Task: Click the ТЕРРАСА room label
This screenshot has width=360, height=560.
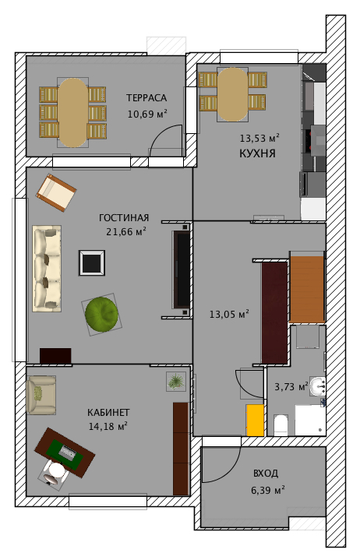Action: pyautogui.click(x=146, y=98)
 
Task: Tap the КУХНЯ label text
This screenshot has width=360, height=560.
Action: pyautogui.click(x=257, y=153)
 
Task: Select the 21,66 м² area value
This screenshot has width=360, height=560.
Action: pyautogui.click(x=126, y=232)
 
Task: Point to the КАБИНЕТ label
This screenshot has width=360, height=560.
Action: pyautogui.click(x=108, y=413)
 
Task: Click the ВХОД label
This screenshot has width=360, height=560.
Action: pyautogui.click(x=266, y=474)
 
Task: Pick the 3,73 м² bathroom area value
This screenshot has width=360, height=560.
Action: pyautogui.click(x=291, y=386)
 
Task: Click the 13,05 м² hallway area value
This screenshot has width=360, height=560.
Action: pyautogui.click(x=229, y=315)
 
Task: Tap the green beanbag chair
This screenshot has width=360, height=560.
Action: pyautogui.click(x=102, y=315)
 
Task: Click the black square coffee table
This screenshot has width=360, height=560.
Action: pyautogui.click(x=92, y=262)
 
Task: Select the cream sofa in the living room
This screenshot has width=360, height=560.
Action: pyautogui.click(x=47, y=269)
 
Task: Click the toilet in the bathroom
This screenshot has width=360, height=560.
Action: pyautogui.click(x=281, y=425)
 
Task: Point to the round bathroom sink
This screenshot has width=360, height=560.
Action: pyautogui.click(x=317, y=386)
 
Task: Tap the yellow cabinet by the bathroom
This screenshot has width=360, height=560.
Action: pyautogui.click(x=255, y=421)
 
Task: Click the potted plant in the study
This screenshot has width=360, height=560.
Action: pyautogui.click(x=176, y=382)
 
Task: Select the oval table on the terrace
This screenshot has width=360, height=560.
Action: pyautogui.click(x=73, y=112)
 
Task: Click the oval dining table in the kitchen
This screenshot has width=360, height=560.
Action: pyautogui.click(x=232, y=94)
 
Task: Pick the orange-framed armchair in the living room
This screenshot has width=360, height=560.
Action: pyautogui.click(x=56, y=192)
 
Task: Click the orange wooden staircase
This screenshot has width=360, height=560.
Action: pyautogui.click(x=307, y=289)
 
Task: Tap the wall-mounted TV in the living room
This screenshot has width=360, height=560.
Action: pyautogui.click(x=182, y=269)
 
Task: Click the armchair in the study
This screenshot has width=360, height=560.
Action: pyautogui.click(x=41, y=395)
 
